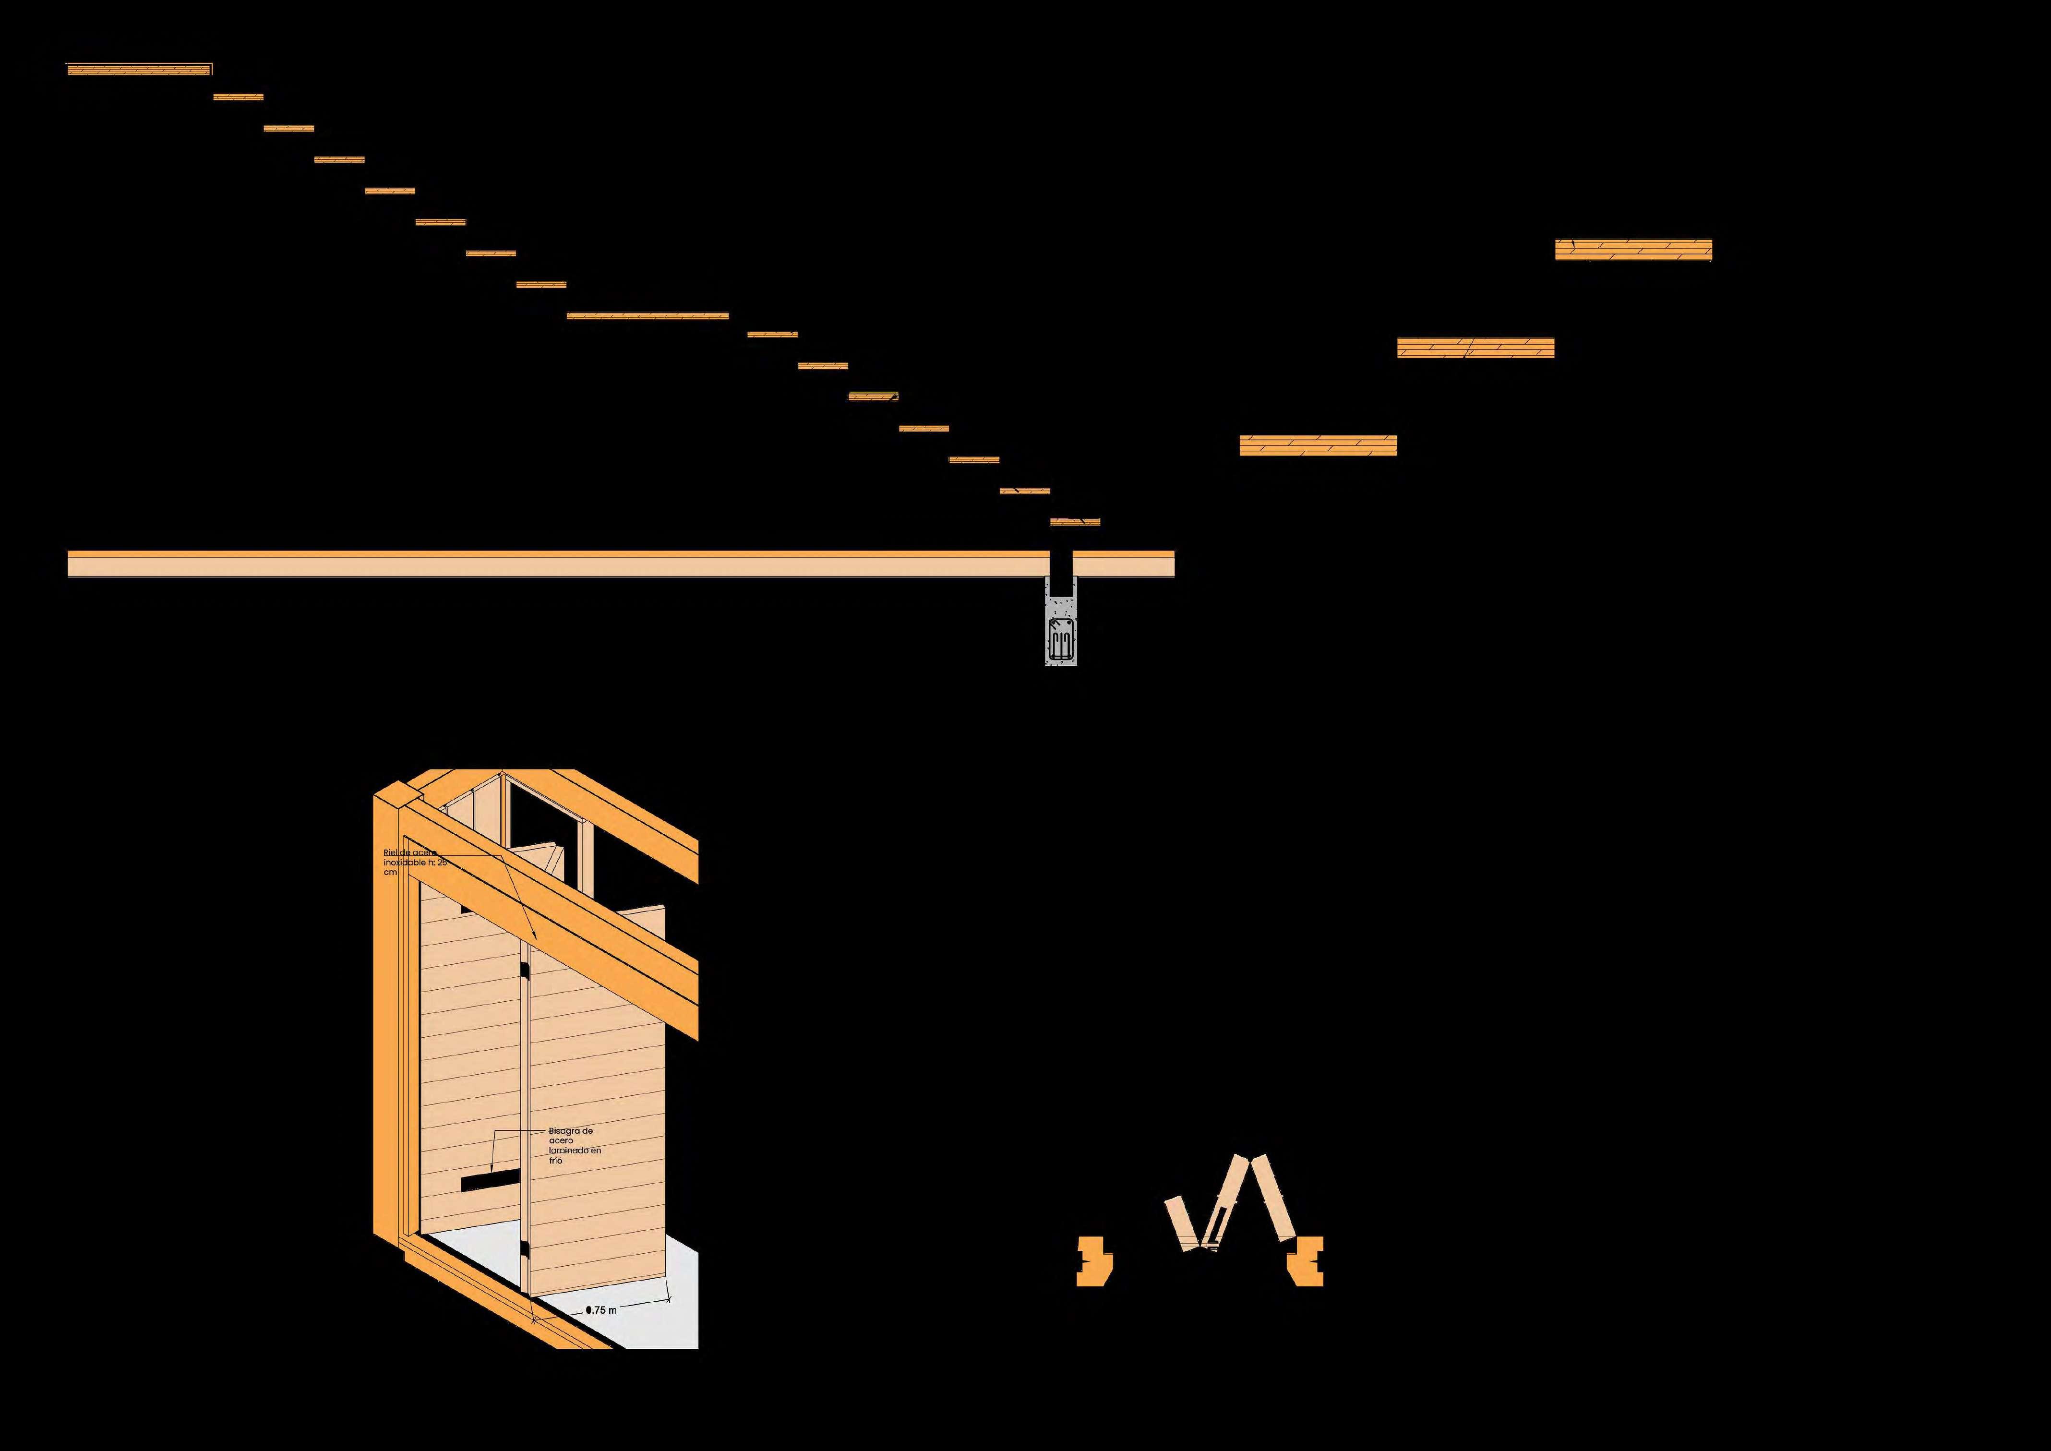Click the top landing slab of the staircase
coord(138,69)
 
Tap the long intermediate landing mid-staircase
coord(648,315)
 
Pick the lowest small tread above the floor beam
coord(1075,521)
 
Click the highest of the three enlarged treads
coord(1633,250)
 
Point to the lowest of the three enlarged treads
coord(1318,445)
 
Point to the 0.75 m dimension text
coord(601,1310)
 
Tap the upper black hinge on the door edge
coord(525,972)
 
